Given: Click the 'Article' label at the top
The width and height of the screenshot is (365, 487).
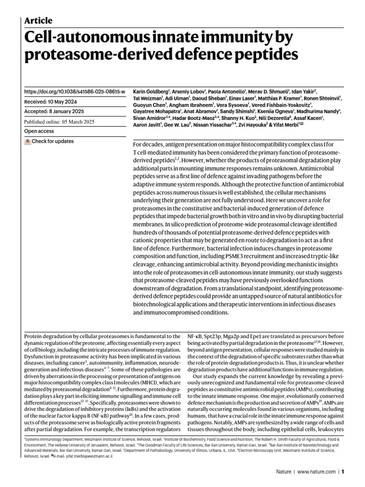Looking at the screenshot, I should tap(38, 20).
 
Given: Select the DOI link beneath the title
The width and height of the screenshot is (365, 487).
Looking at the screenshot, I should tap(75, 91).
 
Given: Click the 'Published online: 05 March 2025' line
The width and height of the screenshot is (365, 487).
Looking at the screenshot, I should tap(59, 121).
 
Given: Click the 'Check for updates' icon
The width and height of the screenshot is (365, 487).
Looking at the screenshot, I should tap(28, 141).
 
